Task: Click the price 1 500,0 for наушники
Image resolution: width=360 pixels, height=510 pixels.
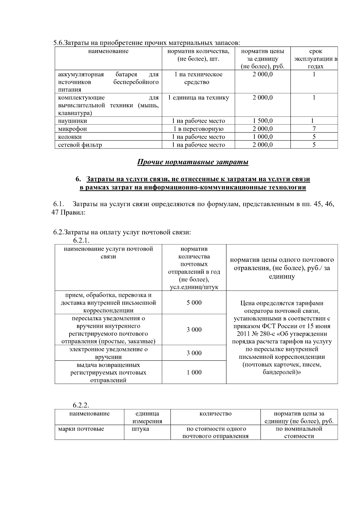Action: [262, 121]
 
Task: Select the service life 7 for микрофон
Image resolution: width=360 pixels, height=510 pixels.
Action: [314, 129]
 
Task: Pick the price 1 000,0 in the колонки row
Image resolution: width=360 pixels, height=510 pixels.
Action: [262, 137]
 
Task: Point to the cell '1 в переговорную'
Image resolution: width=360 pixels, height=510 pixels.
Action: [198, 129]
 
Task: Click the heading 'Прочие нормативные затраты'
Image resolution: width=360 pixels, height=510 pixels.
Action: [193, 162]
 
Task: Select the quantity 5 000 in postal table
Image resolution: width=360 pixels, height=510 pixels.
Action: [194, 303]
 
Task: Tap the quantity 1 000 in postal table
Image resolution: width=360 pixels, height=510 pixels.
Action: [194, 372]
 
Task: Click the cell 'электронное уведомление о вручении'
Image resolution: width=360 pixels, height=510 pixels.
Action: [108, 353]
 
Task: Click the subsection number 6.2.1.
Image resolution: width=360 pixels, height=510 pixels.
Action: [81, 240]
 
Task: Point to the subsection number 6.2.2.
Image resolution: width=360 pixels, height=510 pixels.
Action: [81, 405]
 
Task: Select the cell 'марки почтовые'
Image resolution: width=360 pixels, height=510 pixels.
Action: [81, 429]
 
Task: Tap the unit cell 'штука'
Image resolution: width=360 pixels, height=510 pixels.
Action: [140, 429]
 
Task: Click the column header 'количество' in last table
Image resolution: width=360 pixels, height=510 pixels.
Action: [215, 414]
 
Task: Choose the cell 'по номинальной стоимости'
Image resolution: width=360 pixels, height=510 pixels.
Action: [299, 432]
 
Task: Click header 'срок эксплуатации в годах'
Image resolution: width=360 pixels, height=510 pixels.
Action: [315, 59]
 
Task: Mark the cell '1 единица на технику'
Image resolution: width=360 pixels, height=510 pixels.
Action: [198, 97]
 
